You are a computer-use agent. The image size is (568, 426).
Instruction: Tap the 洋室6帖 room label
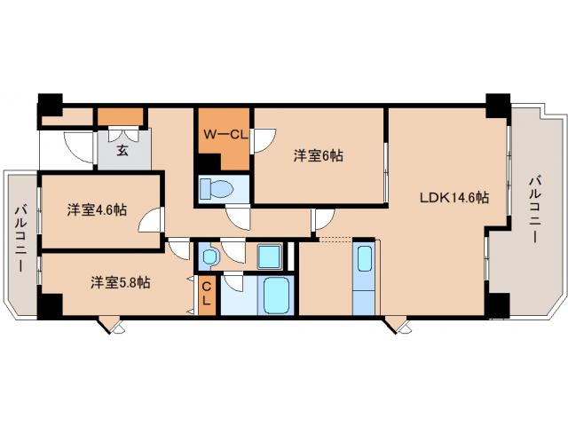(x=319, y=155)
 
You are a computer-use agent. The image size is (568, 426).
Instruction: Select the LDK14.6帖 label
(x=454, y=198)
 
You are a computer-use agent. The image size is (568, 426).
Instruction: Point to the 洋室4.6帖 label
(x=97, y=210)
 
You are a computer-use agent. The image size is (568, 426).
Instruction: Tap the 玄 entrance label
(x=122, y=152)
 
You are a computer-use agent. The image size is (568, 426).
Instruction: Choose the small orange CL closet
(x=205, y=294)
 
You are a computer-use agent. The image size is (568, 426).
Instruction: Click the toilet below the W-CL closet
(x=217, y=189)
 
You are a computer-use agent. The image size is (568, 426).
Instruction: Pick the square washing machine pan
(x=270, y=257)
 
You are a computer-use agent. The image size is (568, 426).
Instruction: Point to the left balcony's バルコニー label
(x=20, y=238)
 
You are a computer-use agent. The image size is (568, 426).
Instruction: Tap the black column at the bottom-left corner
(x=50, y=304)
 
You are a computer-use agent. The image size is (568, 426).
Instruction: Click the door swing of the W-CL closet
(x=263, y=141)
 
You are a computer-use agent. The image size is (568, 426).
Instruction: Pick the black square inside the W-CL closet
(x=207, y=163)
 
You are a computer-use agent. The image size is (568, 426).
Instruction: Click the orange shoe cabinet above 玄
(x=121, y=116)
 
